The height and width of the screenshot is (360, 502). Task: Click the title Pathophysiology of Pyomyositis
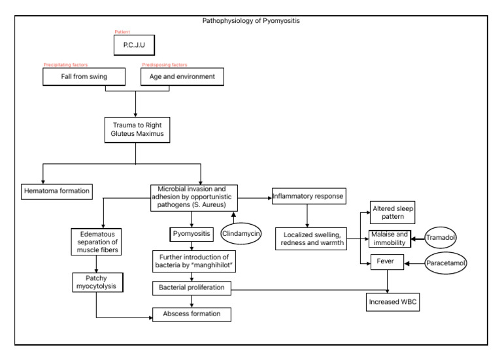click(251, 21)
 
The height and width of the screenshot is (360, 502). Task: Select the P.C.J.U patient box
click(136, 45)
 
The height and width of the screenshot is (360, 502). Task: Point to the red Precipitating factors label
click(65, 63)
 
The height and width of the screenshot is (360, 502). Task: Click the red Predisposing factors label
click(163, 63)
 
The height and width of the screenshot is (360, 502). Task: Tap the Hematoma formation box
click(57, 191)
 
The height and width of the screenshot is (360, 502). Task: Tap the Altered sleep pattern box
click(392, 212)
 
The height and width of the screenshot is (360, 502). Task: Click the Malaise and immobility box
click(392, 238)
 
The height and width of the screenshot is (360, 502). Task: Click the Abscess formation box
click(192, 314)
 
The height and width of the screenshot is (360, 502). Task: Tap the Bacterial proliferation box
click(192, 287)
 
